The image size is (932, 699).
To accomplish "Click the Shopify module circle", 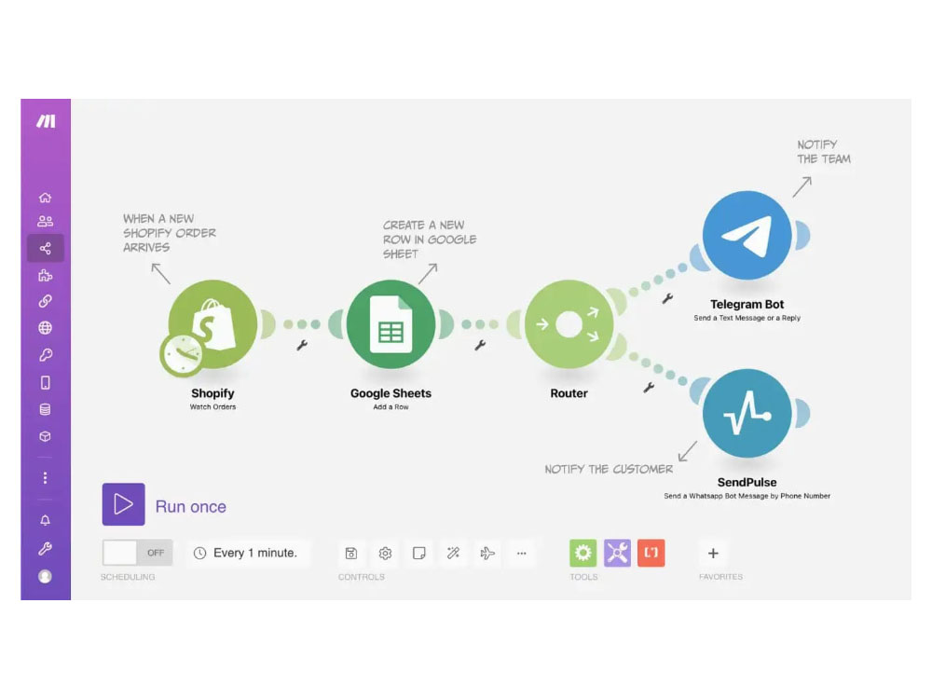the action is pos(212,324).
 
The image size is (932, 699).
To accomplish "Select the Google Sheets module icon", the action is pos(391,324).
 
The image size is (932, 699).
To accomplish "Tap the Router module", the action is pos(569,324).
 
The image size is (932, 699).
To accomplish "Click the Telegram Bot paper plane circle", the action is pos(747,236).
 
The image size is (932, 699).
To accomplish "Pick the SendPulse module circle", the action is pos(747,413).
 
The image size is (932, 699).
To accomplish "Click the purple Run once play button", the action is pos(124,504).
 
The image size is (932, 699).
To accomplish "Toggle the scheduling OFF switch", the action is pos(137,553).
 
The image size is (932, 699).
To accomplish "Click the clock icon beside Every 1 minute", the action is pos(199,554).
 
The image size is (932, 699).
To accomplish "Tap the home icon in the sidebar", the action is pos(45,198).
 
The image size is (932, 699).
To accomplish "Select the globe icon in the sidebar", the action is pos(45,327).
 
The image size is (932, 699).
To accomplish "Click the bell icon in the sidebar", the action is pos(45,520).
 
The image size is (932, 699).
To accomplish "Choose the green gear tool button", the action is pos(583,553).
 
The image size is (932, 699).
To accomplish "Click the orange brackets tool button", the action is pos(651,553).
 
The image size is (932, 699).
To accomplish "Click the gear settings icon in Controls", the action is pos(385,554).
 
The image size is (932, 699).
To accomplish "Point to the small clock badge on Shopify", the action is pos(182,355).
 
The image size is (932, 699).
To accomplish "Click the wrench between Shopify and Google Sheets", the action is pos(302,346).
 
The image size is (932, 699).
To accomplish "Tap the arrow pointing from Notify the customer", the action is pos(688,450).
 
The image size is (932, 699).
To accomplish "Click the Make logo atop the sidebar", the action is pos(46,121).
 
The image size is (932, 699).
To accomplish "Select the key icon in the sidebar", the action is pos(45,355).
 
